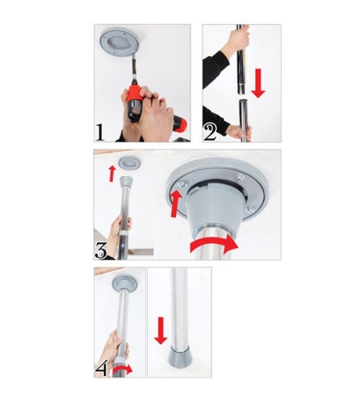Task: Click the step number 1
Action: [x=100, y=132]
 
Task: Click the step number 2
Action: [x=210, y=132]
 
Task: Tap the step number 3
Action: [x=101, y=250]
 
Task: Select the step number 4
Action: [x=102, y=368]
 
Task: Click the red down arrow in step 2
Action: [x=258, y=83]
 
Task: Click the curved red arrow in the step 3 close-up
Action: [x=214, y=245]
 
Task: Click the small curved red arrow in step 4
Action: [x=122, y=370]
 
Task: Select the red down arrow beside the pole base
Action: [x=161, y=330]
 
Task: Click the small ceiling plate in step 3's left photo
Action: [x=130, y=163]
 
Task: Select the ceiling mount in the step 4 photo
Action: [x=125, y=283]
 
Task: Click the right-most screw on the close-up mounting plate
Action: [x=250, y=210]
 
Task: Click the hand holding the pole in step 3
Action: [x=120, y=230]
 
